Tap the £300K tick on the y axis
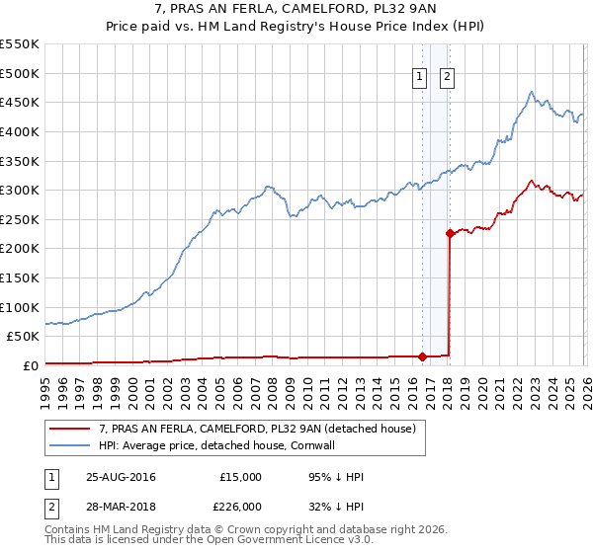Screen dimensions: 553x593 coord(20,190)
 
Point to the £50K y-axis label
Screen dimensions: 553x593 coord(23,336)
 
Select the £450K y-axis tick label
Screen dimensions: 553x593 coord(20,102)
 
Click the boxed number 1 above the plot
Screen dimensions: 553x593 coord(420,78)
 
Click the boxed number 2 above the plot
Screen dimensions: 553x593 coord(447,78)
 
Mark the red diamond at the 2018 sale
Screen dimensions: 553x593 coord(450,234)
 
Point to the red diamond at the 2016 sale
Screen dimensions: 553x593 coord(422,356)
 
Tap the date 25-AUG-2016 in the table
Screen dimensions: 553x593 coord(120,477)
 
